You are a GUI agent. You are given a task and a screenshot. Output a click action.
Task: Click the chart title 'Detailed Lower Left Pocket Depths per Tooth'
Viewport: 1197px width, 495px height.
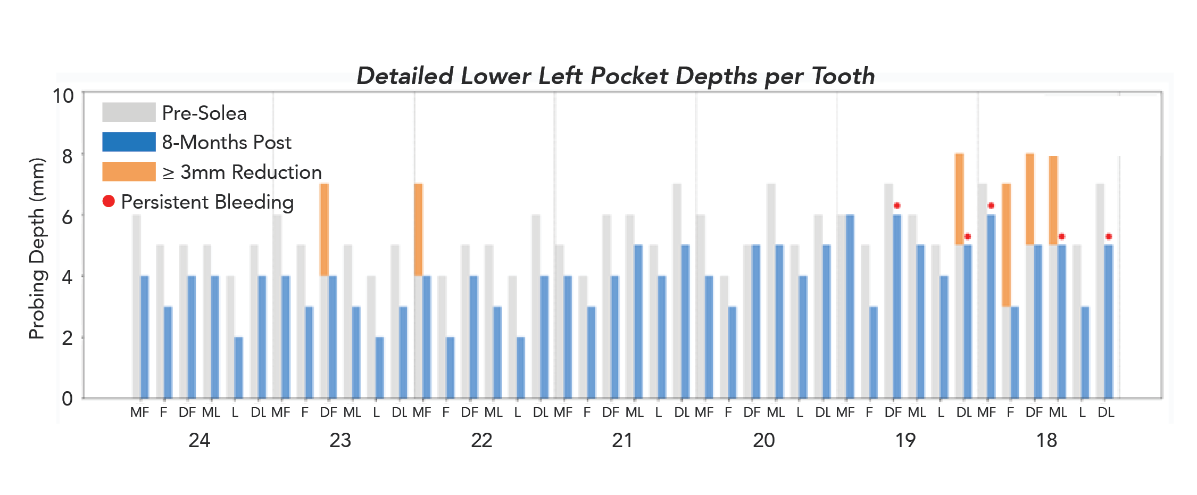click(616, 76)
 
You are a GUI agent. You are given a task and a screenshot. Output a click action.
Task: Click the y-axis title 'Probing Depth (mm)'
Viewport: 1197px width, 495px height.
click(37, 249)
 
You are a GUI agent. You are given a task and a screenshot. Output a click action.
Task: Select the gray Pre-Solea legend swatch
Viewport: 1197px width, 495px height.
click(129, 112)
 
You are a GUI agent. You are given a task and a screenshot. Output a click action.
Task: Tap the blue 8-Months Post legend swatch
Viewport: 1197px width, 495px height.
click(129, 142)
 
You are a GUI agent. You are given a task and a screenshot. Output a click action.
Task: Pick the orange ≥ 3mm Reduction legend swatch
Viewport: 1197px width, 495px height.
click(129, 172)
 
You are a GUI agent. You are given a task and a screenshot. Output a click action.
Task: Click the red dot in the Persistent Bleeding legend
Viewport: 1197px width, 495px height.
click(109, 201)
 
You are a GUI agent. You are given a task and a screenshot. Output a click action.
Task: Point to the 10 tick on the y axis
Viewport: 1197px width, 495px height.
click(63, 96)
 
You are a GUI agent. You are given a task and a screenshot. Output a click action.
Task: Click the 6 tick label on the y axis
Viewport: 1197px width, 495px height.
click(67, 217)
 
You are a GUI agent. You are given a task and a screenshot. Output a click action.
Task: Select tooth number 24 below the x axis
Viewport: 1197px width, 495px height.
click(199, 440)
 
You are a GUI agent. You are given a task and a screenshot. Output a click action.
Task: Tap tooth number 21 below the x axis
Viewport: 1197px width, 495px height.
click(622, 440)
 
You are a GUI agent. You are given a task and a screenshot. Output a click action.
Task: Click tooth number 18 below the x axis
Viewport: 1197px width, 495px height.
click(1046, 440)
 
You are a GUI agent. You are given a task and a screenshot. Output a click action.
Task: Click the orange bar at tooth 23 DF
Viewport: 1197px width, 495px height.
click(324, 229)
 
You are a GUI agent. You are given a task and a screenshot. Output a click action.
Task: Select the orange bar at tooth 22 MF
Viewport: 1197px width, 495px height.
click(418, 229)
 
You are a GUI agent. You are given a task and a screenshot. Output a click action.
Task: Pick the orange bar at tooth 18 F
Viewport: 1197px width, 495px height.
click(1006, 245)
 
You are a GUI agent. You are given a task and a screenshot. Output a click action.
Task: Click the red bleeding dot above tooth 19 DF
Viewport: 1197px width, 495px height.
click(897, 205)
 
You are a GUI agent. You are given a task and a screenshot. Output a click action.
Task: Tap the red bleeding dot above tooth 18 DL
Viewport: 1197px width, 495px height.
click(1109, 236)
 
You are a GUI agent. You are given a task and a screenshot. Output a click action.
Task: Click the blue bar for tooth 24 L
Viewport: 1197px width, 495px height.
click(238, 367)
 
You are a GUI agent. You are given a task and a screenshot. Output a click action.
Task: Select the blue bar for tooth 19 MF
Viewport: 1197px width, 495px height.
click(850, 306)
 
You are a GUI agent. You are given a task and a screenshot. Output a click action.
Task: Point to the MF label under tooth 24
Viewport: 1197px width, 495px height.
click(140, 412)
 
